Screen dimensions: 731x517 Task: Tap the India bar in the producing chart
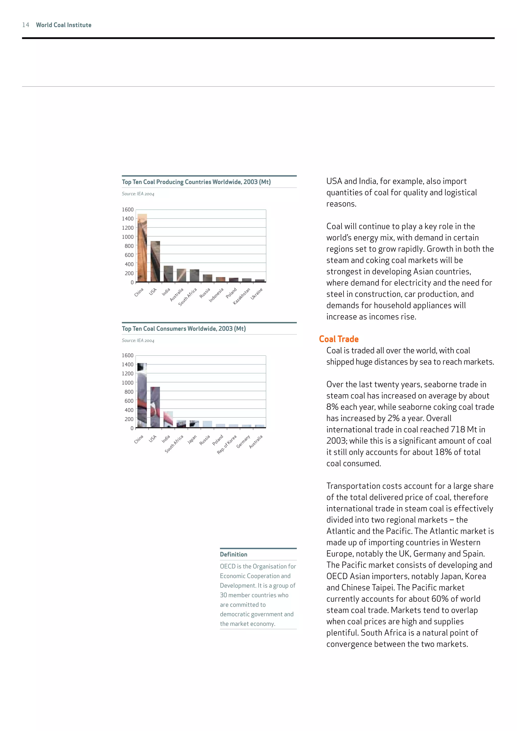point(168,274)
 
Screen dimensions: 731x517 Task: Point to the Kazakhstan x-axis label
point(241,296)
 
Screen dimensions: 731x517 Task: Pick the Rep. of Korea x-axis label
point(227,445)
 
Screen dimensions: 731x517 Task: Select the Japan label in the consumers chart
point(192,439)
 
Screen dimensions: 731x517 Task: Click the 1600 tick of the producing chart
point(128,210)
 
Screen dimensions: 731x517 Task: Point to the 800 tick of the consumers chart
point(129,391)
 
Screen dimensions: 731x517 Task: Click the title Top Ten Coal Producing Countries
point(196,182)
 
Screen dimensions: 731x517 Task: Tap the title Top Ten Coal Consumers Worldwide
point(184,329)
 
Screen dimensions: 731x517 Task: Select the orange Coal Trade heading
point(339,339)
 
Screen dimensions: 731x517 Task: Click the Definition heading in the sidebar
point(233,554)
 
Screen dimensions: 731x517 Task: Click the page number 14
point(26,25)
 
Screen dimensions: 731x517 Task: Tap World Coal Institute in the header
point(64,25)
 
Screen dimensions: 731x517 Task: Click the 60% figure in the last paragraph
point(440,599)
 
